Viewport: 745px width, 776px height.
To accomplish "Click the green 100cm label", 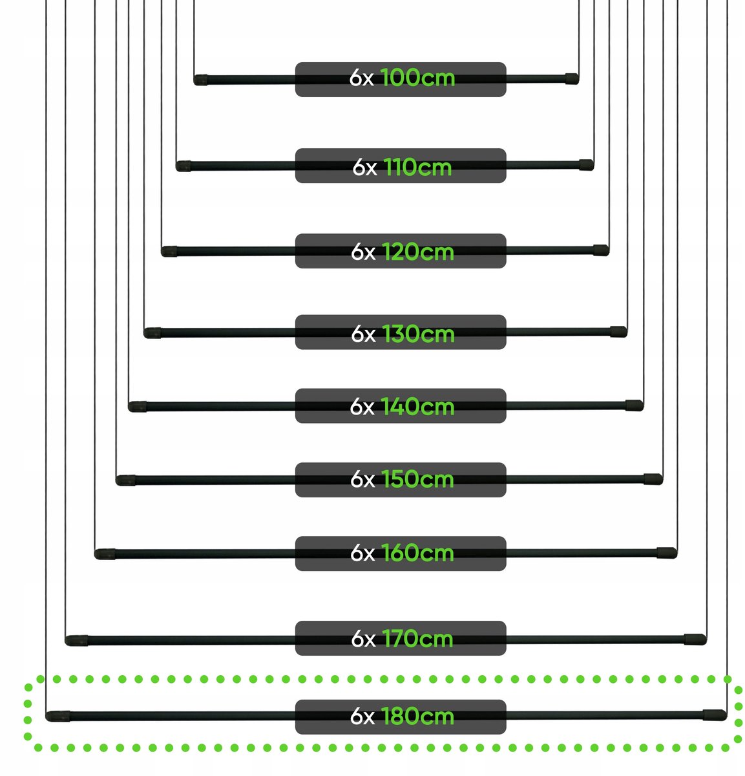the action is point(417,78).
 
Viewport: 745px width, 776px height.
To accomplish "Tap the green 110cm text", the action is point(417,167).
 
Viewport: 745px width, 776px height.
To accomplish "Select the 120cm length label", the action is point(417,252).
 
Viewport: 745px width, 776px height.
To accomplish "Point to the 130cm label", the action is point(418,334).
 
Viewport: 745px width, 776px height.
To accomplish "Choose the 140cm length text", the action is point(417,407).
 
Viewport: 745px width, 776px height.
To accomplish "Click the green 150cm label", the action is point(417,479).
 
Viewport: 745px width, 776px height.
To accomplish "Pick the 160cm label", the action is point(417,553).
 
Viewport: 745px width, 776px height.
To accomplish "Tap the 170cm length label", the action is point(417,639).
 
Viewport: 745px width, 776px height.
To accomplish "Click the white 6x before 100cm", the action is point(361,78).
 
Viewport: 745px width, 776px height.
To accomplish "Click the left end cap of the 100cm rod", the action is point(200,80).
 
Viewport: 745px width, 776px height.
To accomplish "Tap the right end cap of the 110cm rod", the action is point(587,165).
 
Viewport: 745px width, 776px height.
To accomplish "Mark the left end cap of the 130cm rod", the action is point(152,333).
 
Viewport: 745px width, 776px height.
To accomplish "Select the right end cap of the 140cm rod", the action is point(635,405).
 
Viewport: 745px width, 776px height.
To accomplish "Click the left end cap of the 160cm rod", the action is point(105,554).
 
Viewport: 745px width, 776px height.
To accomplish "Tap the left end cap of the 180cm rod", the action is point(58,717).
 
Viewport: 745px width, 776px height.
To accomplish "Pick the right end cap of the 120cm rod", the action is point(601,250).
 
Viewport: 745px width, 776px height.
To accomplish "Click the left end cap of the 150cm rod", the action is point(125,480).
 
